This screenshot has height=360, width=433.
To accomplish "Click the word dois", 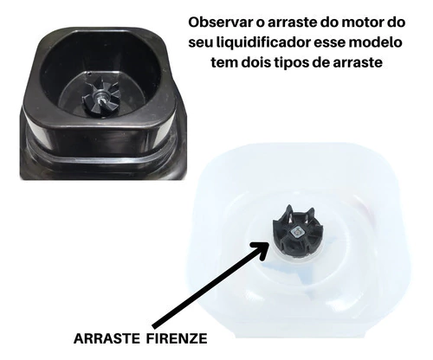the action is [256, 62].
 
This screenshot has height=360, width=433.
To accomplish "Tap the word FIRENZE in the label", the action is [177, 338].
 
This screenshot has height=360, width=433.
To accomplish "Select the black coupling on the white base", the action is [297, 231].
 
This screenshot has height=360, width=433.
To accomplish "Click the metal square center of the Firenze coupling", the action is [297, 231].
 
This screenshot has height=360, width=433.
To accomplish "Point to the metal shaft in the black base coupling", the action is [101, 98].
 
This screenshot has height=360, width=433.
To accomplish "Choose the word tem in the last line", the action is [223, 62].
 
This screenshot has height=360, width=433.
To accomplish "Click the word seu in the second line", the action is [201, 43].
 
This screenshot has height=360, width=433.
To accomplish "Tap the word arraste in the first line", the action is [293, 23].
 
